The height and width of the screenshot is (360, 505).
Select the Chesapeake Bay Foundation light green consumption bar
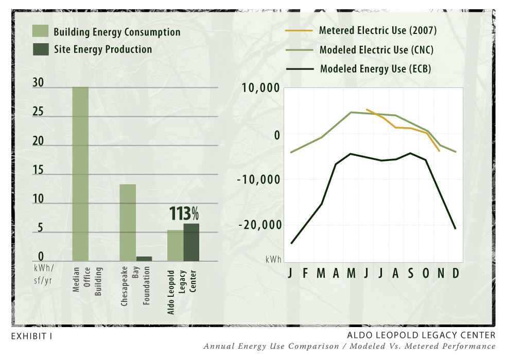(128, 222)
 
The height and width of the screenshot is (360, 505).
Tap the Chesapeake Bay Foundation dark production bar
(144, 259)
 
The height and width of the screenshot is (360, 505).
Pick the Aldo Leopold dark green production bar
(191, 242)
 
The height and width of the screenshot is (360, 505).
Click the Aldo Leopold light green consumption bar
(175, 245)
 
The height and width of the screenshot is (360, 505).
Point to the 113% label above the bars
(184, 213)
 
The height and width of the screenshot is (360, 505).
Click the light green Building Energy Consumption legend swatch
(41, 31)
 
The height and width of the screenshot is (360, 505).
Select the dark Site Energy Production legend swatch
(41, 49)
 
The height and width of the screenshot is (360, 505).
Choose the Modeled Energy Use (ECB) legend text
(375, 68)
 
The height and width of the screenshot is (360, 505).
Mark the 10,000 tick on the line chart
(260, 88)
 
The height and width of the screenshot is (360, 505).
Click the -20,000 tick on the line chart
(260, 225)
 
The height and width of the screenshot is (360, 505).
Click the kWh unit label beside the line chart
(273, 260)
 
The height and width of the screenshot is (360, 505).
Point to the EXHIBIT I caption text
(31, 336)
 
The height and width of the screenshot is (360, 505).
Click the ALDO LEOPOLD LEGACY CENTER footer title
(422, 335)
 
